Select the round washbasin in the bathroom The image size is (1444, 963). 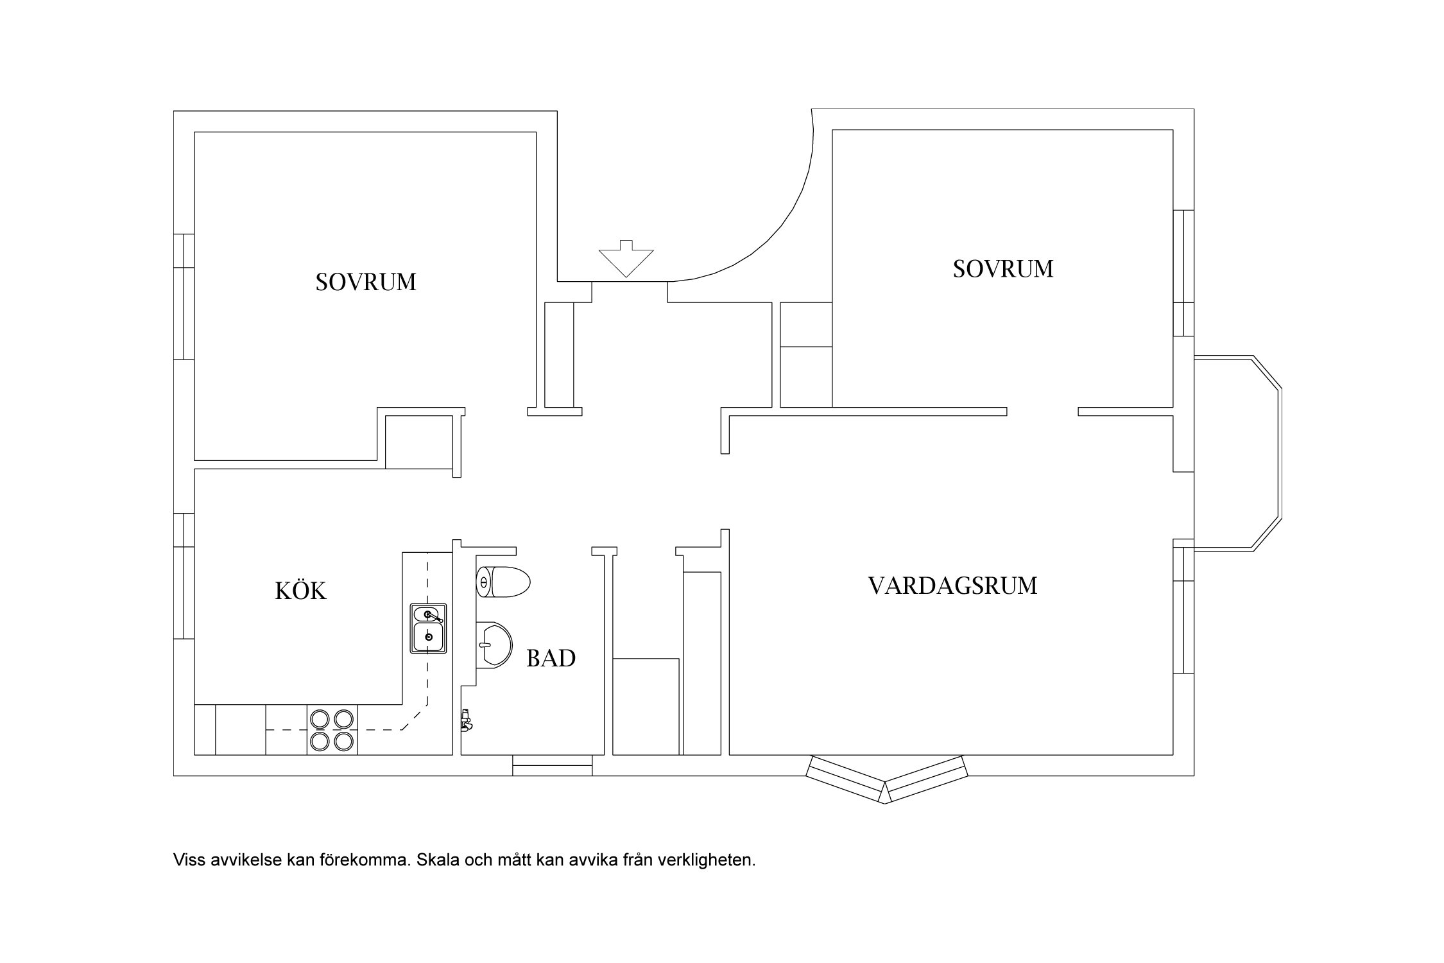[x=494, y=645]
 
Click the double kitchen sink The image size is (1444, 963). [x=428, y=629]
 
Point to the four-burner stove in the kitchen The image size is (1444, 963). [x=332, y=730]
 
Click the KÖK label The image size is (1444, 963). [x=301, y=591]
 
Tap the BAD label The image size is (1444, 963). [x=551, y=659]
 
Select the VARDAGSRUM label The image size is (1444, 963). [x=952, y=586]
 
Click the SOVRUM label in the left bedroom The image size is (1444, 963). [x=366, y=282]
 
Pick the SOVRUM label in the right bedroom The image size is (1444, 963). [x=1002, y=269]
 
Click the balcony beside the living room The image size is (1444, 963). [x=1235, y=453]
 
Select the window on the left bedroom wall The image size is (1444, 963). [x=184, y=297]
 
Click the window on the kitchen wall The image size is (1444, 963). [x=184, y=576]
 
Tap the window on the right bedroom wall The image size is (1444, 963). [x=1183, y=273]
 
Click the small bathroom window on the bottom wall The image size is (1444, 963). [x=552, y=765]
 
